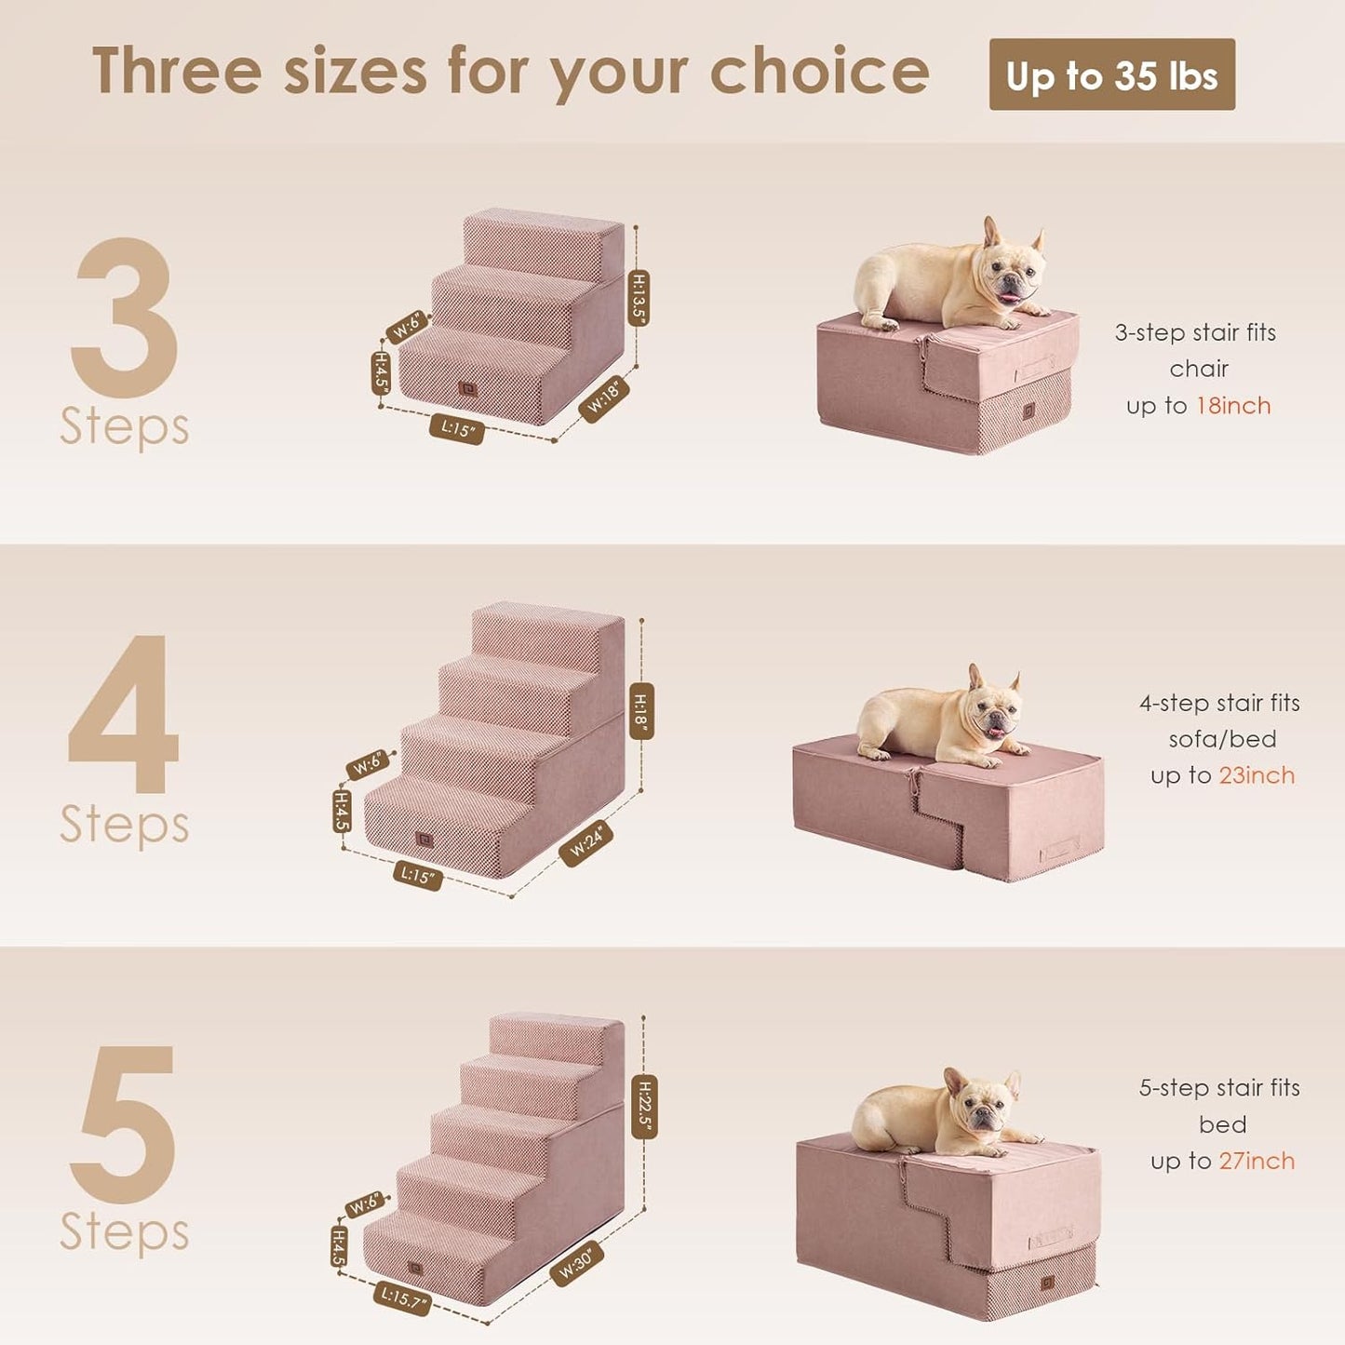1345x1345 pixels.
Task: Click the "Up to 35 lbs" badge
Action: [x=1111, y=74]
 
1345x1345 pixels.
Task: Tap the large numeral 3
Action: [x=126, y=316]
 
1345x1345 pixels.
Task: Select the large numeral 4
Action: [x=124, y=715]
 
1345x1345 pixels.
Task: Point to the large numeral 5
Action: [x=126, y=1123]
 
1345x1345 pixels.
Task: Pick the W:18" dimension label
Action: [x=604, y=398]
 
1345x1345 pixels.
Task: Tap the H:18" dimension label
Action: [x=641, y=710]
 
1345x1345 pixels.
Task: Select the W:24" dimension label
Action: [x=586, y=843]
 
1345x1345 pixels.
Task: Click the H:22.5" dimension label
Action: [x=644, y=1107]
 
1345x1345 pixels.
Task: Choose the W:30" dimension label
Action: [x=577, y=1264]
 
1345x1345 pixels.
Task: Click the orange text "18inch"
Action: [x=1233, y=406]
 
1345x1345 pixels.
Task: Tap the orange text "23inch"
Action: [x=1257, y=775]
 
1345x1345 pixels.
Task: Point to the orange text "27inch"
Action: [x=1257, y=1161]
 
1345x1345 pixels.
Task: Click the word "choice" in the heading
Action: [x=819, y=73]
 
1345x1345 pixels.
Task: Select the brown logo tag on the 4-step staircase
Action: [x=424, y=841]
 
